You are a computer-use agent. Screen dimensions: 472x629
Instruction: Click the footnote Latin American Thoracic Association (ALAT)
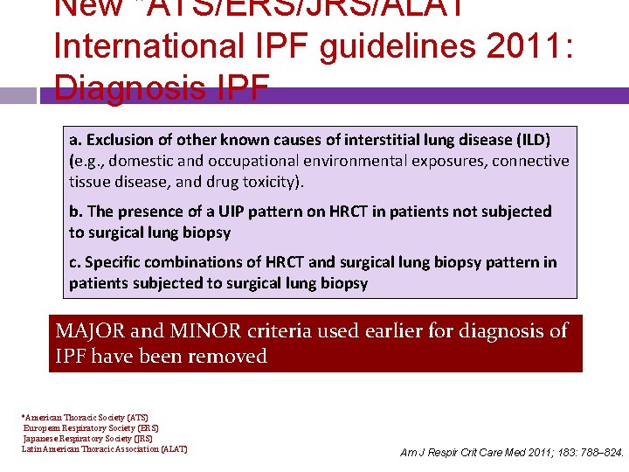click(x=105, y=450)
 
